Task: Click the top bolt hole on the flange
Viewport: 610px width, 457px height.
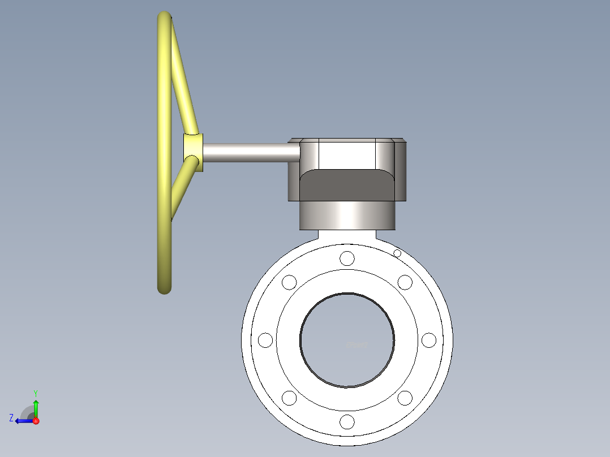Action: coord(347,258)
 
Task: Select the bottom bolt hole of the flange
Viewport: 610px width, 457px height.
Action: coord(347,422)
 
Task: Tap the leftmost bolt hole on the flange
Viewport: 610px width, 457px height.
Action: coord(265,340)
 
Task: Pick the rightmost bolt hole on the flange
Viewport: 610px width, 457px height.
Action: coord(429,340)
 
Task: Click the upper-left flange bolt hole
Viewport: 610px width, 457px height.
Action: coord(289,282)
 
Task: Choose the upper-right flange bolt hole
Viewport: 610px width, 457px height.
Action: coord(405,282)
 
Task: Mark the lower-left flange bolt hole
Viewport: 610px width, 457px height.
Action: coord(289,398)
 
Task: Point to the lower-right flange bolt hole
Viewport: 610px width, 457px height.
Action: coord(405,398)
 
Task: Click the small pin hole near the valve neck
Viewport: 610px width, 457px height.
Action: coord(397,253)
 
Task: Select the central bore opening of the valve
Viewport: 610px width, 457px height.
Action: coord(347,340)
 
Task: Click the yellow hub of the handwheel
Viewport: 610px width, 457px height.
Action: coord(192,152)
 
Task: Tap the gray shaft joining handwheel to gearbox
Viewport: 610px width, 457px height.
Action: coord(249,152)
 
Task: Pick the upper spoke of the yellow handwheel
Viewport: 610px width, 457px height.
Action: coord(184,79)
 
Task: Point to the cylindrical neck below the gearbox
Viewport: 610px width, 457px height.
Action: coord(347,215)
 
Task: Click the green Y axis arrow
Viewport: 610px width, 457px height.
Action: coord(36,404)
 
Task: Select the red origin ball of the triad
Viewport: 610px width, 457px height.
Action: coord(36,421)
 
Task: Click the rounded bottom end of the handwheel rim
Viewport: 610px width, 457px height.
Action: coord(164,288)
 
